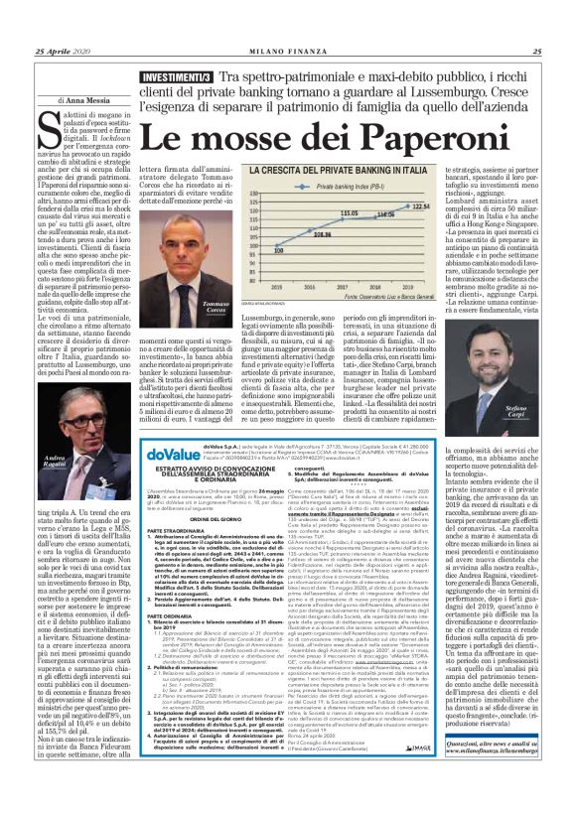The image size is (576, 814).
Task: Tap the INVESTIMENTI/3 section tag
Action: pos(175,76)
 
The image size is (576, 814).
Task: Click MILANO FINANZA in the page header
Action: pos(287,52)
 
